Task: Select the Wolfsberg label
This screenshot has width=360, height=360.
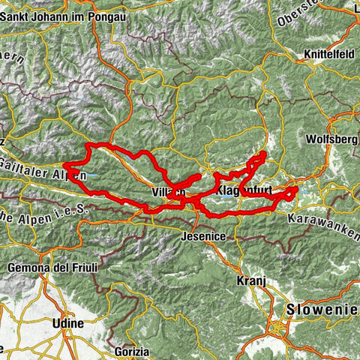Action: (x=333, y=139)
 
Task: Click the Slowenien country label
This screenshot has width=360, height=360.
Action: (x=320, y=310)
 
